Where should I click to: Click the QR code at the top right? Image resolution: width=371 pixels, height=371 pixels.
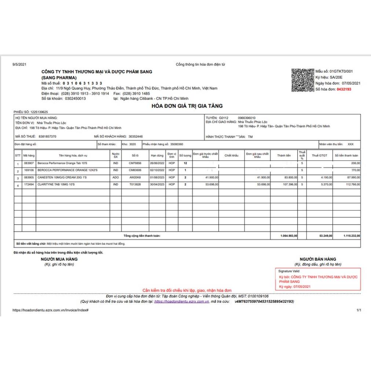point(302,80)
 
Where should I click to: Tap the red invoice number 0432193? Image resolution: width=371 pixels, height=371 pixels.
point(344,89)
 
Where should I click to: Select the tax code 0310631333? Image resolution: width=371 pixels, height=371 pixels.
point(81,83)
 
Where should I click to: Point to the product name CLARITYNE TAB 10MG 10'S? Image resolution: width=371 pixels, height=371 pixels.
point(57,184)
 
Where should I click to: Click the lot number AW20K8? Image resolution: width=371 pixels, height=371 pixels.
point(135,177)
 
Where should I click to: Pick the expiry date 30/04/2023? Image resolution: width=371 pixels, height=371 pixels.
point(156,184)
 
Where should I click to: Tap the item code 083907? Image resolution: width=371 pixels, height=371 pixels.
point(29,163)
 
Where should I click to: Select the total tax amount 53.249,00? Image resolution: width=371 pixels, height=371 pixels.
point(326,236)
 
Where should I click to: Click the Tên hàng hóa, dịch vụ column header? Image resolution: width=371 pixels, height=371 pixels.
point(73,155)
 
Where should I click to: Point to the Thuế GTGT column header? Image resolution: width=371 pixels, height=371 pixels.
point(319,155)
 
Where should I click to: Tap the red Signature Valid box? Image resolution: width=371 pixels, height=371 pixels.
point(318,279)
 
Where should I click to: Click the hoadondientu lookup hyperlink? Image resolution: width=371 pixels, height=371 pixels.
point(181,301)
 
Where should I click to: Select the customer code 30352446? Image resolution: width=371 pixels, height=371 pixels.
point(135,136)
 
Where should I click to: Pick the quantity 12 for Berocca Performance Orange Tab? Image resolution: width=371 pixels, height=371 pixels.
point(185,163)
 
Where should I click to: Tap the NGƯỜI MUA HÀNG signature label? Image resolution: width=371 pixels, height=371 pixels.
point(59,259)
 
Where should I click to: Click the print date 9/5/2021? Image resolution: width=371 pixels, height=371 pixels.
point(20,65)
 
